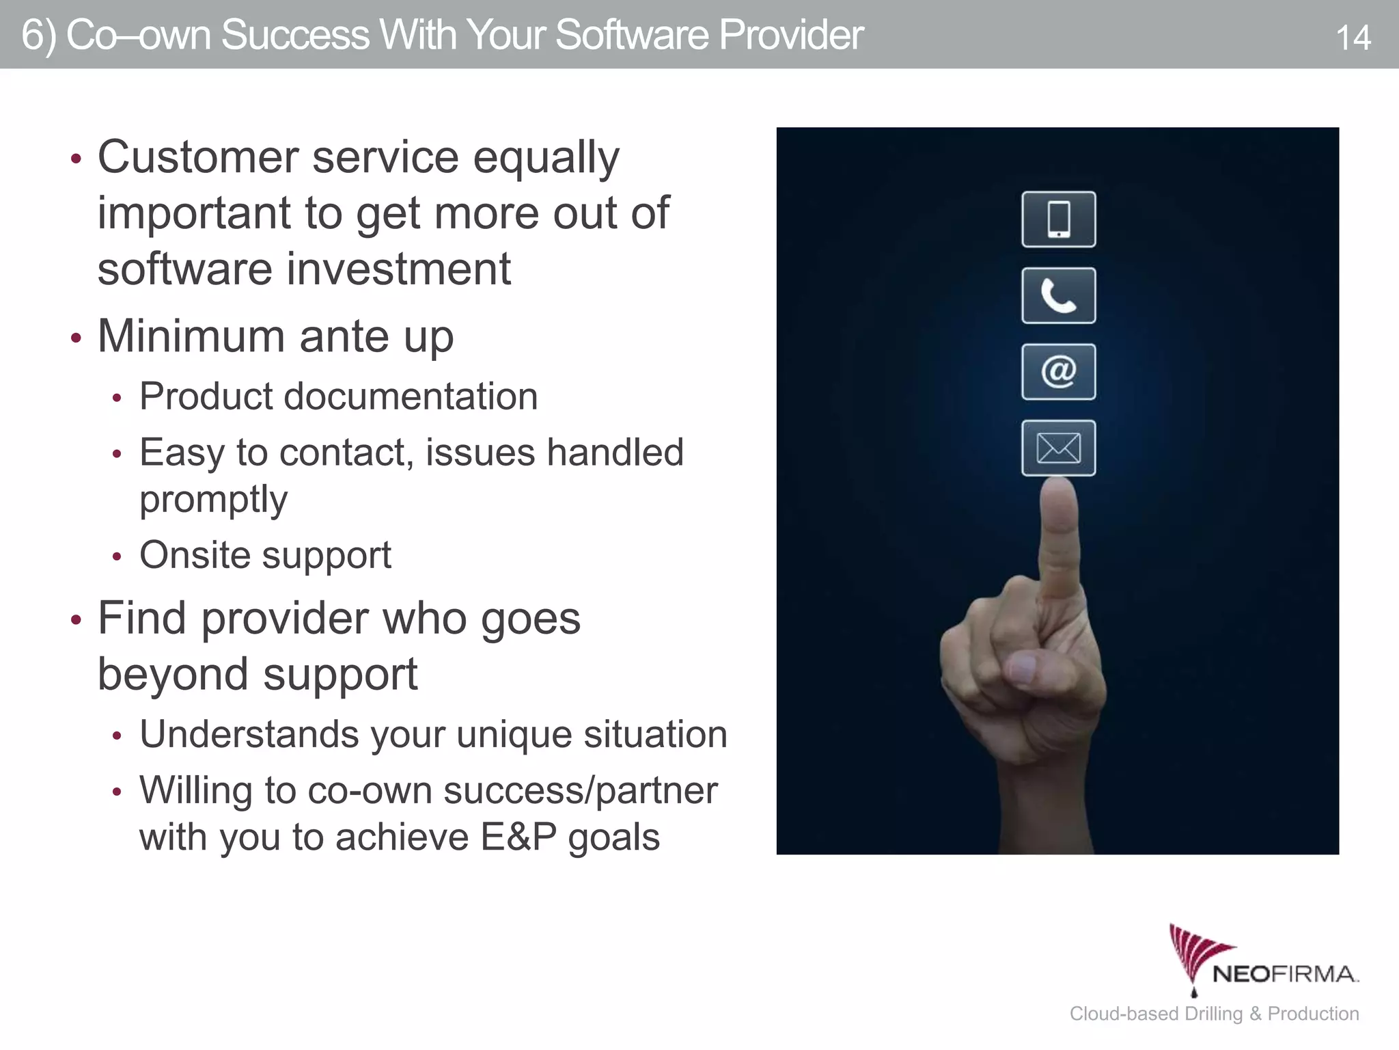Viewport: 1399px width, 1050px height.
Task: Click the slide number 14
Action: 1353,38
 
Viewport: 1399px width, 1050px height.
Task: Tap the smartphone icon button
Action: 1058,219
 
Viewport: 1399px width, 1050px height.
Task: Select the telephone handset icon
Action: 1058,296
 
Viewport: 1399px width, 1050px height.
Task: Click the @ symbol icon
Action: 1058,372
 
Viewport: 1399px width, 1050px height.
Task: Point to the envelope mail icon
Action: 1058,448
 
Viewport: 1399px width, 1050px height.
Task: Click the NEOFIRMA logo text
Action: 1285,974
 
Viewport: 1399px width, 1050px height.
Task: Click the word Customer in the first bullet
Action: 198,157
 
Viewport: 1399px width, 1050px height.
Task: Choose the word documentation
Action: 411,396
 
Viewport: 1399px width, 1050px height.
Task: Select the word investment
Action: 399,269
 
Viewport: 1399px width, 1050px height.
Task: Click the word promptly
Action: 213,500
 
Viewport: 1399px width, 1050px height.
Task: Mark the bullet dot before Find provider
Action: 76,620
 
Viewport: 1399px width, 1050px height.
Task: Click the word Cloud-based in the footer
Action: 1124,1014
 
